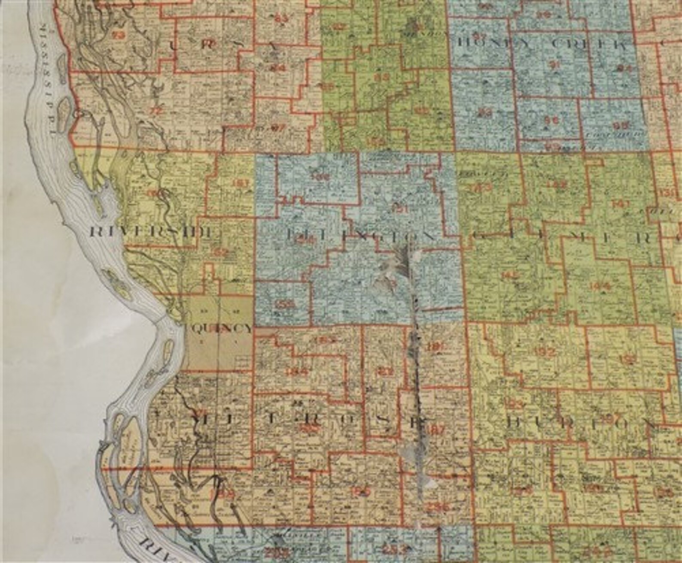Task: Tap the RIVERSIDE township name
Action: pos(152,233)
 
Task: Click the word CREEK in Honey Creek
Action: pos(592,44)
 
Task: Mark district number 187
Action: pos(435,430)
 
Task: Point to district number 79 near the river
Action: pos(117,36)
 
